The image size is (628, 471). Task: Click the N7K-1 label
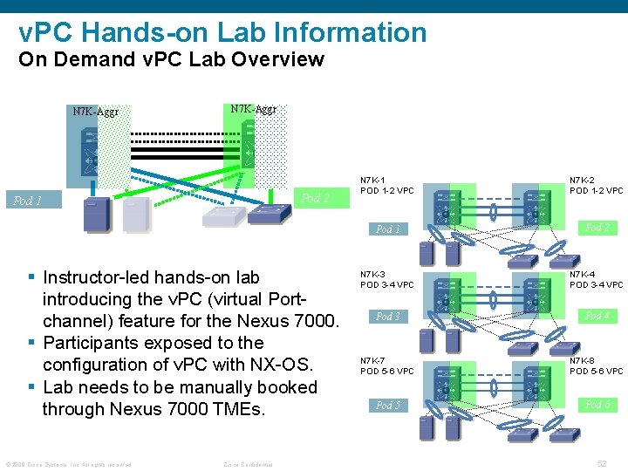click(373, 181)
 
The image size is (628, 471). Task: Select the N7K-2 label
click(583, 181)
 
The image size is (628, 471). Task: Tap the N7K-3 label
click(373, 274)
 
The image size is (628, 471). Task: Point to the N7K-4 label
click(583, 274)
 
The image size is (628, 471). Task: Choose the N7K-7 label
click(373, 360)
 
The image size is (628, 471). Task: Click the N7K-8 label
click(583, 360)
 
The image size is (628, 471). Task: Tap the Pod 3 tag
click(387, 317)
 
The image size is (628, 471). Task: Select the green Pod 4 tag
click(597, 316)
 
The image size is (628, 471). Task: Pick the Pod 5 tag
click(387, 406)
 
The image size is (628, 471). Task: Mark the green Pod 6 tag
click(597, 405)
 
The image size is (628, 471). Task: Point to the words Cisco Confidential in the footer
click(248, 464)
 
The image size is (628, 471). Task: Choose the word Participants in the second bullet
click(96, 343)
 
